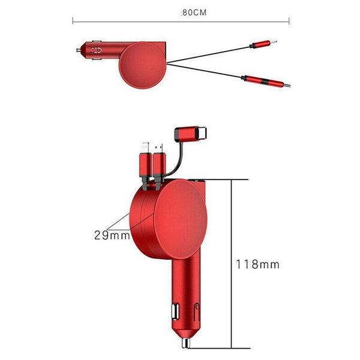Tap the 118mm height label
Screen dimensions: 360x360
257,263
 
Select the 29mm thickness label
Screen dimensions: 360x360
112,235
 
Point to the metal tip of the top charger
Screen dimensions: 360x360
79,50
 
